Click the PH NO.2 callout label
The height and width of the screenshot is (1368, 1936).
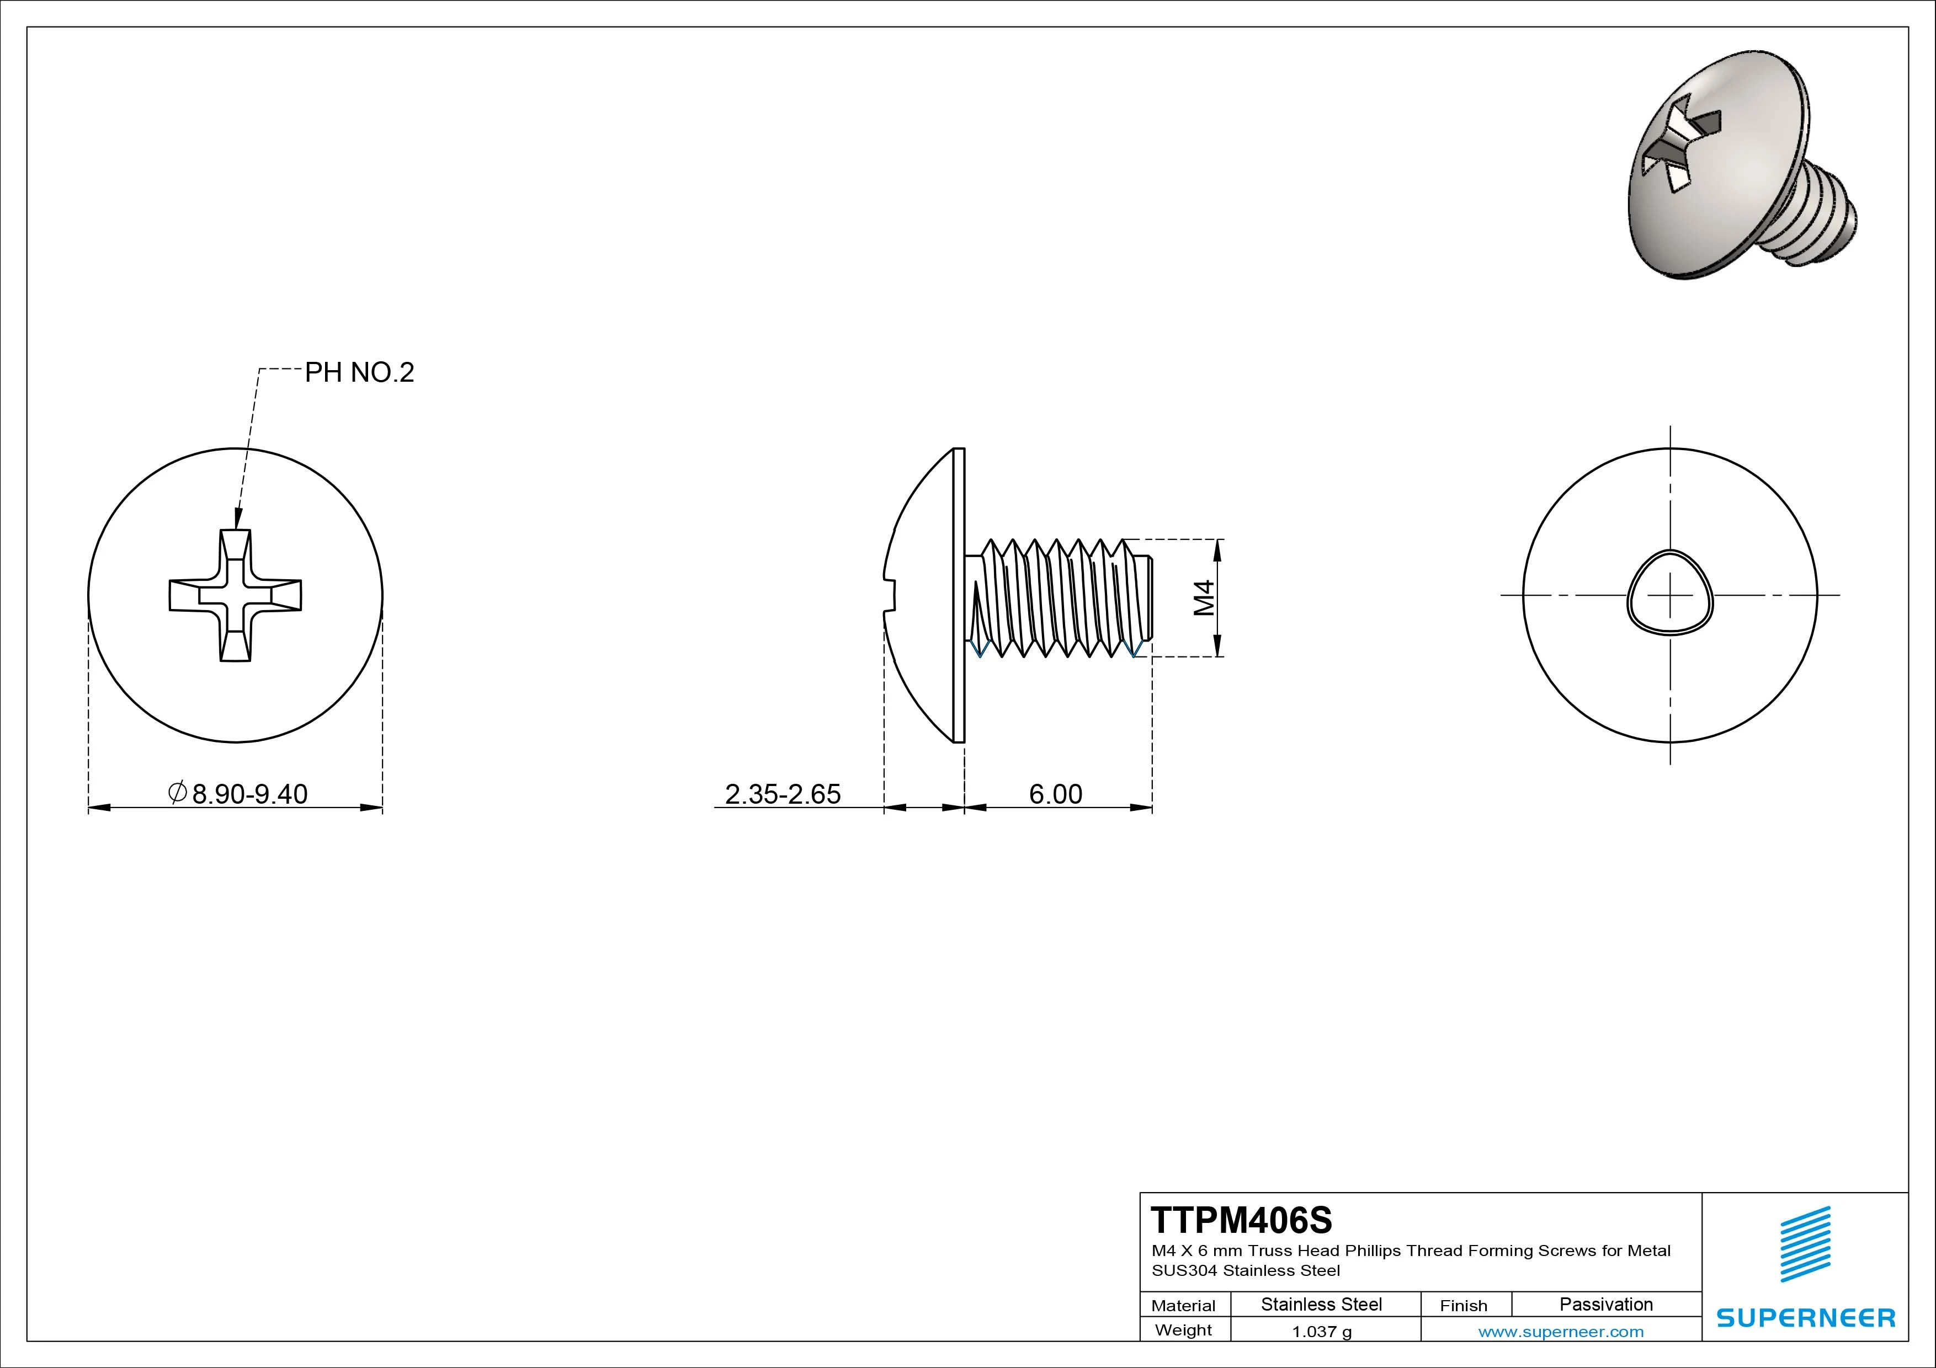359,372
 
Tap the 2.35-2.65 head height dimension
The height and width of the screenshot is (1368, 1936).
783,794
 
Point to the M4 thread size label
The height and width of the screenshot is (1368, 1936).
1204,597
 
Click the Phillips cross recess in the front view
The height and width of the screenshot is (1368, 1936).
235,595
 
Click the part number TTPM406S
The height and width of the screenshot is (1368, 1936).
1241,1220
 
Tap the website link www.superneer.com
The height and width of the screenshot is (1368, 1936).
1561,1332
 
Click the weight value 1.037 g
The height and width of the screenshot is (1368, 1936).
1321,1332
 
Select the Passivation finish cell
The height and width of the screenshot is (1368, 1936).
1605,1304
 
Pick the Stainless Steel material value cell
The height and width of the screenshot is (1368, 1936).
1321,1304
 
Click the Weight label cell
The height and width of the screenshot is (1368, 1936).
1183,1330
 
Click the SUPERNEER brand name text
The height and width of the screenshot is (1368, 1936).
1805,1317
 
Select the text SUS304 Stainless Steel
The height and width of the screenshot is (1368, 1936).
1246,1270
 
